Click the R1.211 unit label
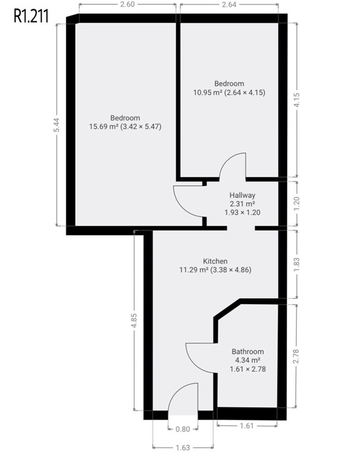pyautogui.click(x=31, y=16)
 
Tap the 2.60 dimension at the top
pyautogui.click(x=127, y=4)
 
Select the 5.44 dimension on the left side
pyautogui.click(x=57, y=125)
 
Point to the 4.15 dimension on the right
pyautogui.click(x=297, y=100)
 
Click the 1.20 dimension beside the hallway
pyautogui.click(x=297, y=204)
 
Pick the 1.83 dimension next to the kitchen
pyautogui.click(x=297, y=265)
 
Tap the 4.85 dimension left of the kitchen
pyautogui.click(x=134, y=321)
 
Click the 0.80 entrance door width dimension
pyautogui.click(x=183, y=429)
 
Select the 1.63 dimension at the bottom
pyautogui.click(x=183, y=447)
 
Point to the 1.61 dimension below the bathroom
pyautogui.click(x=246, y=426)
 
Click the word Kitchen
pyautogui.click(x=215, y=261)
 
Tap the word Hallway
pyautogui.click(x=242, y=195)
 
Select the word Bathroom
pyautogui.click(x=248, y=352)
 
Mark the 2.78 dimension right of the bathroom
pyautogui.click(x=296, y=356)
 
